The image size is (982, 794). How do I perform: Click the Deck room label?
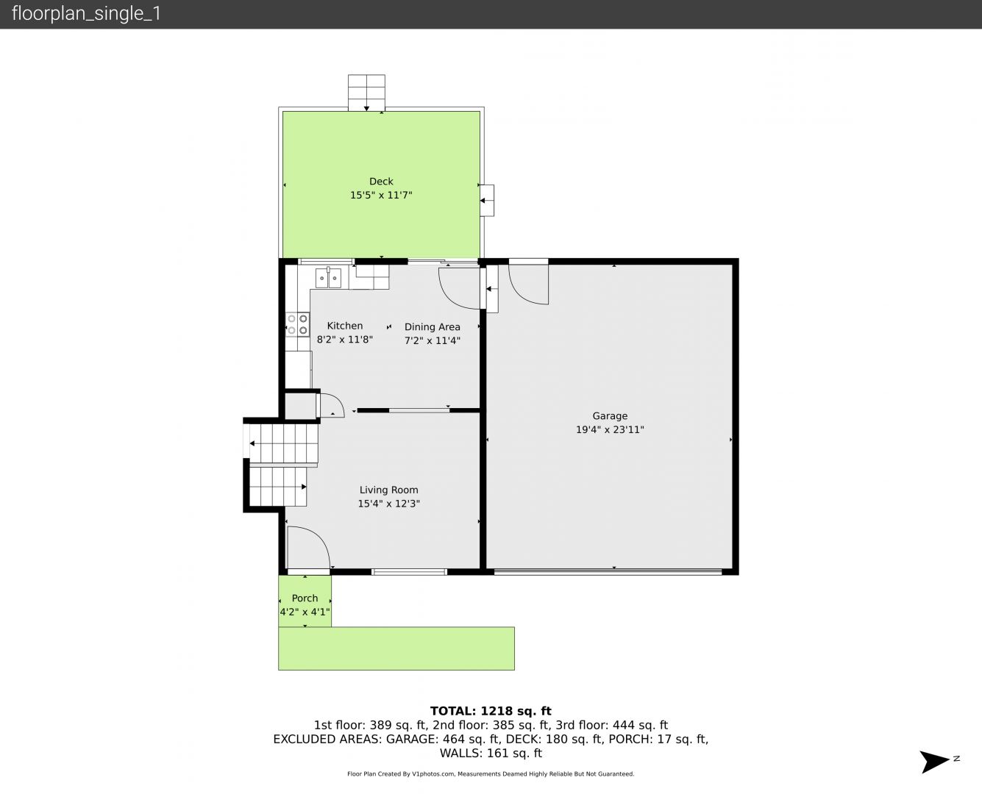pos(381,182)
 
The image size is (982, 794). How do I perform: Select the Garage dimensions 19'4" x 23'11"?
pos(610,429)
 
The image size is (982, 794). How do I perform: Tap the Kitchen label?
pos(344,326)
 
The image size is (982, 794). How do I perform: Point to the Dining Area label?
pos(432,327)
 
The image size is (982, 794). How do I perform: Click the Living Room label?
pos(388,490)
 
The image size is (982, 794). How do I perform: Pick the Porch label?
pos(305,598)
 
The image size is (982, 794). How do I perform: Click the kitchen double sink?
pos(328,278)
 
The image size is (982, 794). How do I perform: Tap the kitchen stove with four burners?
pos(297,324)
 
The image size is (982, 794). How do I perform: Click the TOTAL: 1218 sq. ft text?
pos(491,711)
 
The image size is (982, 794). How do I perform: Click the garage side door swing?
pos(528,284)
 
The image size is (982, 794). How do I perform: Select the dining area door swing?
pos(459,287)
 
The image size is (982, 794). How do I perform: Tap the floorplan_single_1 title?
pos(86,13)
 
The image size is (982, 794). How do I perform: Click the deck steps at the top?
pos(366,93)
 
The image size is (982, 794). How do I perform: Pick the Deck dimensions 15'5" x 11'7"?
pos(381,195)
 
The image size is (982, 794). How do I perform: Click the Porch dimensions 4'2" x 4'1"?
pos(305,612)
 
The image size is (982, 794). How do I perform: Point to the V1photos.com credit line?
pos(491,773)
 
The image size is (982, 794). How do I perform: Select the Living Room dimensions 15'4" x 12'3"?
pos(388,504)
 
